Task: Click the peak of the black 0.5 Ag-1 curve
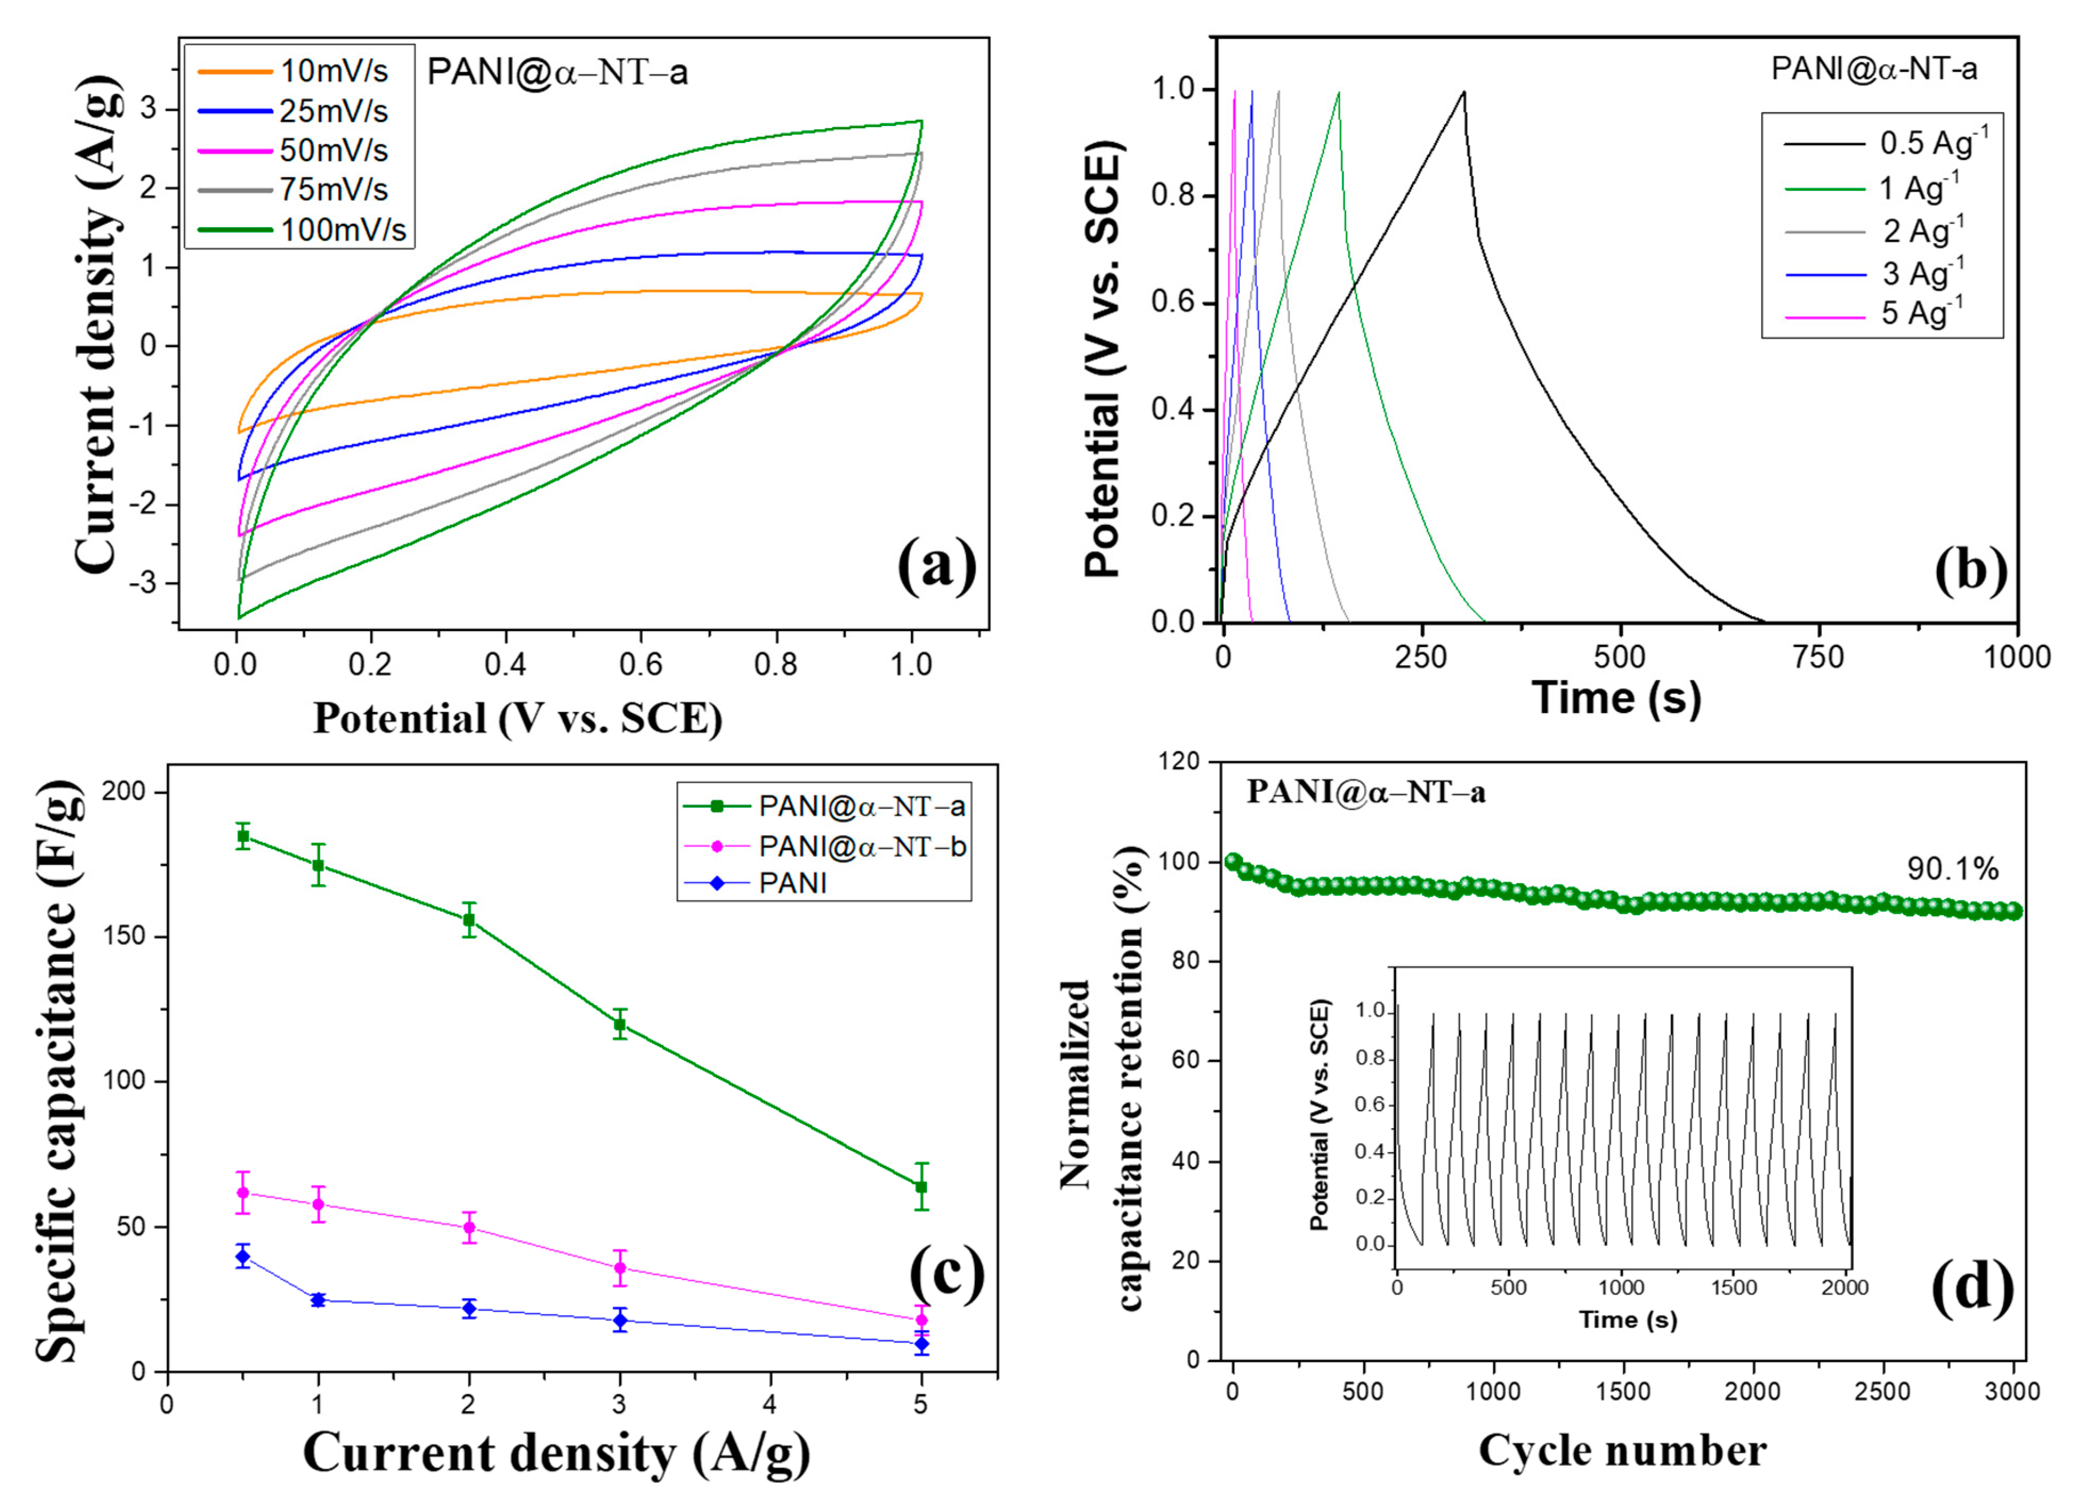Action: pyautogui.click(x=1464, y=92)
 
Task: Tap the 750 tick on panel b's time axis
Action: pyautogui.click(x=1819, y=657)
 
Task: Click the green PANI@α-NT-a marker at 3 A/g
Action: pyautogui.click(x=620, y=1024)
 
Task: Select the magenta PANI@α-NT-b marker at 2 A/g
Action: pyautogui.click(x=469, y=1227)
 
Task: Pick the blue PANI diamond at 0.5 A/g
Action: pyautogui.click(x=243, y=1256)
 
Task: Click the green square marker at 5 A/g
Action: pyautogui.click(x=921, y=1187)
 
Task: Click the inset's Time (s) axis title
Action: pyautogui.click(x=1627, y=1320)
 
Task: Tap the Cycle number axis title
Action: pyautogui.click(x=1622, y=1450)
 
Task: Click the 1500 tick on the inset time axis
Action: pyautogui.click(x=1733, y=1288)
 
